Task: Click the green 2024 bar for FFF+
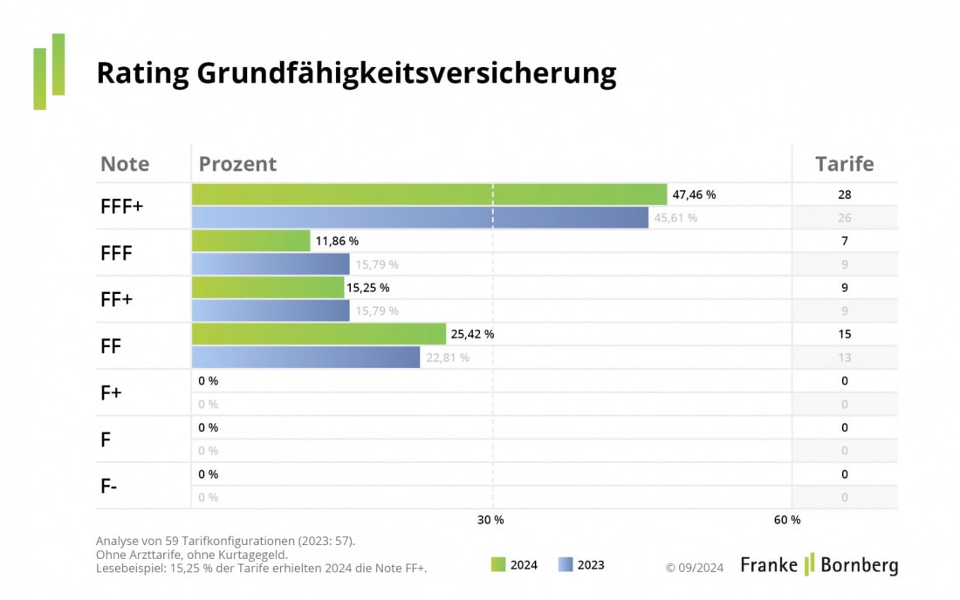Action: (429, 194)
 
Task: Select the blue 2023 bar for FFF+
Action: (420, 218)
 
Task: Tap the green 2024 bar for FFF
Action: (250, 241)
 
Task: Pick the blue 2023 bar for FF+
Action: (271, 310)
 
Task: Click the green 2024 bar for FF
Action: (319, 334)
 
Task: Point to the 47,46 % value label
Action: (700, 194)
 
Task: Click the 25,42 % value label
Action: (473, 334)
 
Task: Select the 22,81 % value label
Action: (448, 358)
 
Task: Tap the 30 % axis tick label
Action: (490, 520)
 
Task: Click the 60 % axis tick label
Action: (787, 520)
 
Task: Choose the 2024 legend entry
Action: (514, 565)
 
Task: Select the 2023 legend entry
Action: (581, 565)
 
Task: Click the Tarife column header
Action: (844, 164)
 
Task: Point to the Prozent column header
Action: (237, 164)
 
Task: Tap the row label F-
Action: (109, 487)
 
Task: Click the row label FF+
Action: (117, 300)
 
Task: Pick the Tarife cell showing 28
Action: (844, 194)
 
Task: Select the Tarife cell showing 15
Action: (844, 334)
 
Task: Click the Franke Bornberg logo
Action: (819, 565)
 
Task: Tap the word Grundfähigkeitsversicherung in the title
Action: (406, 73)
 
